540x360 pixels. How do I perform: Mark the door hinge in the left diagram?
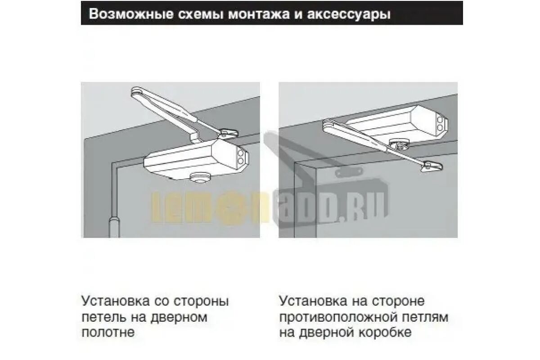point(114,226)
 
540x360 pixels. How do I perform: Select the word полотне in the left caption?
point(108,333)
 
